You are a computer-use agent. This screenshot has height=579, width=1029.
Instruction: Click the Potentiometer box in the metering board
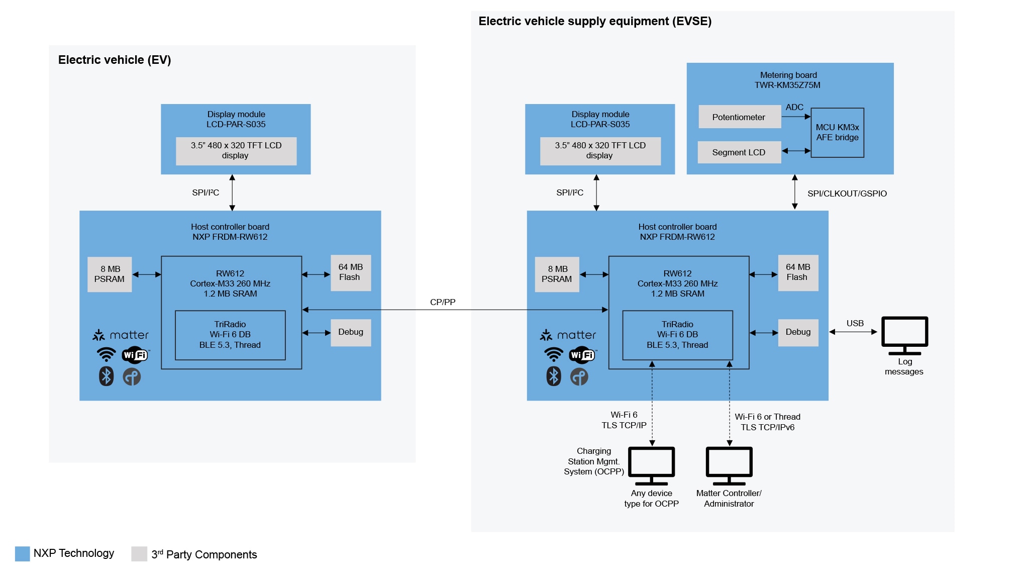point(739,117)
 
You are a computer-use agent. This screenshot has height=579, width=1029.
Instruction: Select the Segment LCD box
point(739,152)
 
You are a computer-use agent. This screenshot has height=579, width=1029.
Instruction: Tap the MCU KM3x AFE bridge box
point(837,133)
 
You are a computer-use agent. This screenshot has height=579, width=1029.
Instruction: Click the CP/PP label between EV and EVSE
point(443,302)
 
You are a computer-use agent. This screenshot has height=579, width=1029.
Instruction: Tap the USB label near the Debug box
point(855,323)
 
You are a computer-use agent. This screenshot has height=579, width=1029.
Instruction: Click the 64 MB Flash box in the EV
point(351,272)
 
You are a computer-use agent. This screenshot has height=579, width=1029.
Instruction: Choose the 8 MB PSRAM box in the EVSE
point(557,274)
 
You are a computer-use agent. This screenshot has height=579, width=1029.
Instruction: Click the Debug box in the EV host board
point(351,332)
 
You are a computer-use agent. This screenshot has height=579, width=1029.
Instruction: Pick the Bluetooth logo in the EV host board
point(106,376)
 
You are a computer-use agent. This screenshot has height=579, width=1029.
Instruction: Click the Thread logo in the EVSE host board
point(579,377)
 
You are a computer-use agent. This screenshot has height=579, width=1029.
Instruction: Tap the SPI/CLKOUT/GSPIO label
point(847,194)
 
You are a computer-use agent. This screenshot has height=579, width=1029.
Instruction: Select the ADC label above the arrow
point(794,107)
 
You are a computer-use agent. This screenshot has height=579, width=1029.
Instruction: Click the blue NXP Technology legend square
point(23,553)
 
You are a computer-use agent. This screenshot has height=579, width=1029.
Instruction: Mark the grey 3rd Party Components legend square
point(139,553)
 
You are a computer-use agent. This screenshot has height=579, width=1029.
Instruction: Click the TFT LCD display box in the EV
point(236,151)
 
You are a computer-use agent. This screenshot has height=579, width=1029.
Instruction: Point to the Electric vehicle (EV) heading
point(115,60)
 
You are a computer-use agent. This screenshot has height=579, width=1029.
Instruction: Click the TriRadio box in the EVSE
point(677,335)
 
